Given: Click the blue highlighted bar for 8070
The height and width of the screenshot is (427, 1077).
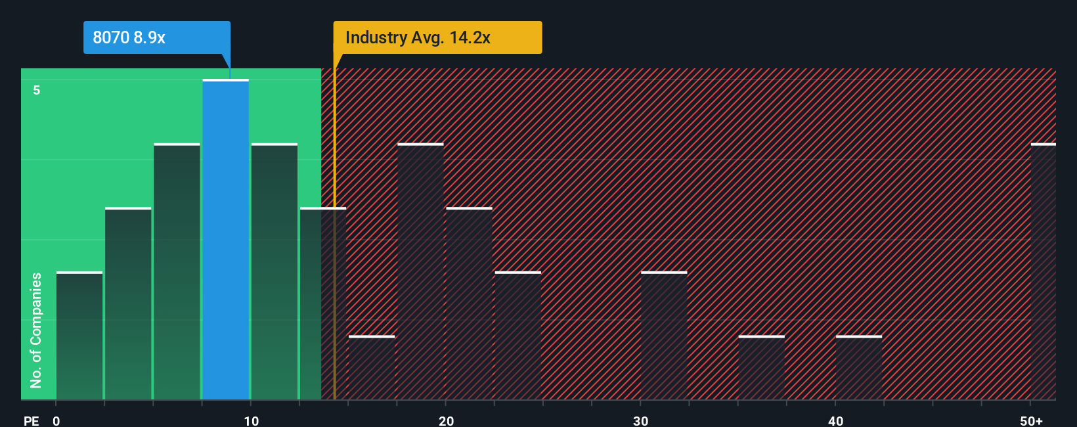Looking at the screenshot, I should pyautogui.click(x=225, y=240).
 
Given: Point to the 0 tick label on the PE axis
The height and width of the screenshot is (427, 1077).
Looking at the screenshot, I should pyautogui.click(x=56, y=420).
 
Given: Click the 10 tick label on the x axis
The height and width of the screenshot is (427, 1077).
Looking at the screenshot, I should pyautogui.click(x=251, y=420).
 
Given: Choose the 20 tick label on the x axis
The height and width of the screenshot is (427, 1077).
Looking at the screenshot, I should pyautogui.click(x=446, y=420).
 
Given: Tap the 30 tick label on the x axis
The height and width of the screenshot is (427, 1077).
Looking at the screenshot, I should pyautogui.click(x=640, y=420).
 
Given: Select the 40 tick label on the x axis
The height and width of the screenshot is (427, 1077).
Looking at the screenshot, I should pyautogui.click(x=835, y=420).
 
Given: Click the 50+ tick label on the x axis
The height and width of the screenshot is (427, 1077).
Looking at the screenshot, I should pyautogui.click(x=1031, y=420).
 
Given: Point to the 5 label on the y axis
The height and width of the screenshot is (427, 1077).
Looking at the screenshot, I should pyautogui.click(x=37, y=90).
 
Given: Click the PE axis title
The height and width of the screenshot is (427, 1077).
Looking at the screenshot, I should pyautogui.click(x=31, y=420).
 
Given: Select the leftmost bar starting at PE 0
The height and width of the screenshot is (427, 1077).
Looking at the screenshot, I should pyautogui.click(x=79, y=336).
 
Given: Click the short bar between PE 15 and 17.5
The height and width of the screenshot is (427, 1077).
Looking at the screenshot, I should pyautogui.click(x=372, y=368).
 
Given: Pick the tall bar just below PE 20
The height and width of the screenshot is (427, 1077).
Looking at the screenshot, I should pyautogui.click(x=420, y=271).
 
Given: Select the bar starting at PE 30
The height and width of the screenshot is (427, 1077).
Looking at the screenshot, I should pyautogui.click(x=664, y=336).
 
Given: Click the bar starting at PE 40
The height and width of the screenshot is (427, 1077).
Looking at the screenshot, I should pyautogui.click(x=859, y=368).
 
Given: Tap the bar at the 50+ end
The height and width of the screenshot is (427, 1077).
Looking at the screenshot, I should pyautogui.click(x=1043, y=271).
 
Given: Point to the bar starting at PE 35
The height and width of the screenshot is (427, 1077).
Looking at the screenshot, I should pyautogui.click(x=761, y=368).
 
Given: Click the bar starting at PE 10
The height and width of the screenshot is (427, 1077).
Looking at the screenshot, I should pyautogui.click(x=274, y=271).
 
